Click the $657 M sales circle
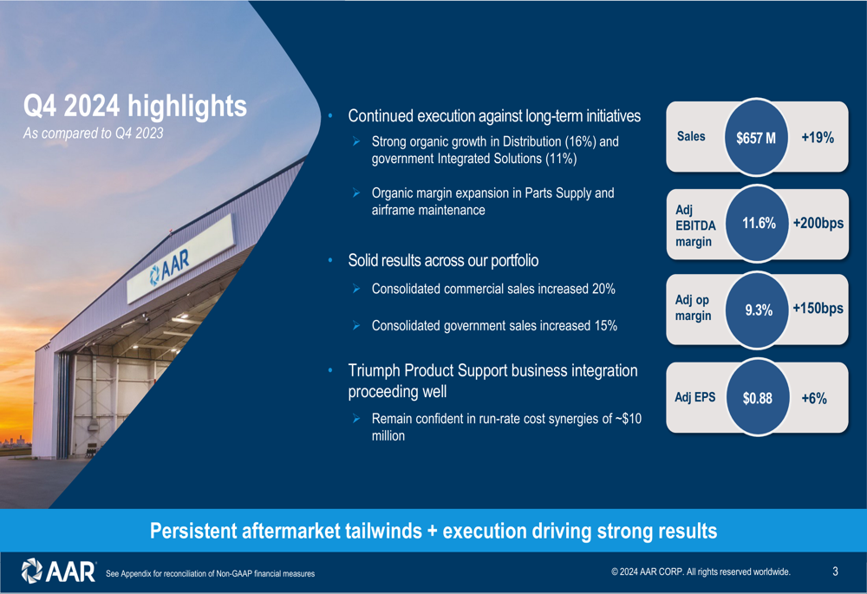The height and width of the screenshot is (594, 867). coord(756,137)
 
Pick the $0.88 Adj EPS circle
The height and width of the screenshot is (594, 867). coord(757,397)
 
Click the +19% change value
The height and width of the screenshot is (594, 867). coord(818,138)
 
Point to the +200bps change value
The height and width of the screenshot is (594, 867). coord(818,223)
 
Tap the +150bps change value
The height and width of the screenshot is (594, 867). coord(818,308)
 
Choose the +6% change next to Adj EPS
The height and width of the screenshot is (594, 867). coord(814,398)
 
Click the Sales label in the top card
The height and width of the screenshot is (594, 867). coord(691,136)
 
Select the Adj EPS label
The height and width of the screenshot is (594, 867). coord(694,397)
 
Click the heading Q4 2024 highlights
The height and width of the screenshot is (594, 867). coord(135,106)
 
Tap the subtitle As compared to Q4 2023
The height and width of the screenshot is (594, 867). coord(94,134)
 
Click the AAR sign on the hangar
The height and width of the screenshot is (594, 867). coord(171,267)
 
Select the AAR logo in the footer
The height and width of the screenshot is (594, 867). coord(59,571)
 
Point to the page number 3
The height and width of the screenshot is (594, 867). coord(835,571)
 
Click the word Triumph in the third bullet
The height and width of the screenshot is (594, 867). coord(375,370)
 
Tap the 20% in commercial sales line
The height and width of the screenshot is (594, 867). coord(603,289)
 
